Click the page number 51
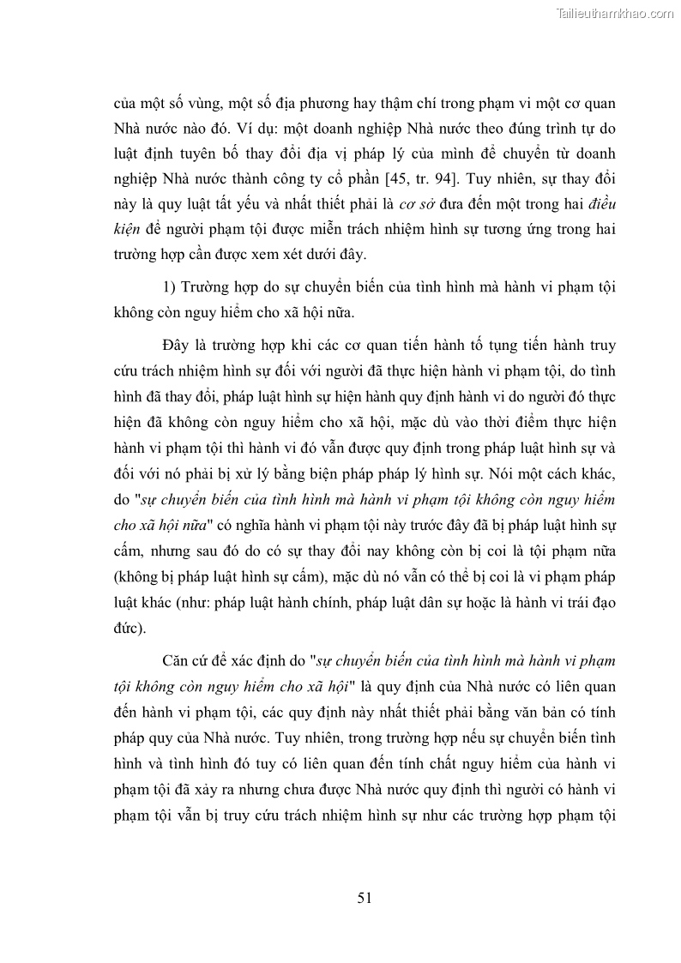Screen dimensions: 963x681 tap(363, 898)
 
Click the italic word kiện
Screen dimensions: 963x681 tap(127, 231)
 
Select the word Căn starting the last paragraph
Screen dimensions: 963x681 tap(177, 659)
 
